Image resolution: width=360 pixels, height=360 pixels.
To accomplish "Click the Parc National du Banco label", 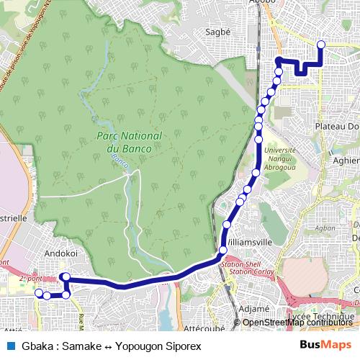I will (x=130, y=141).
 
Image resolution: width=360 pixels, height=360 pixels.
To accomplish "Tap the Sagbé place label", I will (x=217, y=32).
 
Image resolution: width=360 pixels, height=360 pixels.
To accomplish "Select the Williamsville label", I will (x=249, y=243).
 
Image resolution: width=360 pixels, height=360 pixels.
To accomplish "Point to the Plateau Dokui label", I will (x=337, y=126).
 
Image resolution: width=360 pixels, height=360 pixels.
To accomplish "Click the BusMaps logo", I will (x=325, y=344).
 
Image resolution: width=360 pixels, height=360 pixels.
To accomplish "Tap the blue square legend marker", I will (x=10, y=345).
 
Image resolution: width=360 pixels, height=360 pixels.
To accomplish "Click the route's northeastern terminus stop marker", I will (x=320, y=45).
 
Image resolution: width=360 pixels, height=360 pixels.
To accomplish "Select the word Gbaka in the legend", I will (x=37, y=345).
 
